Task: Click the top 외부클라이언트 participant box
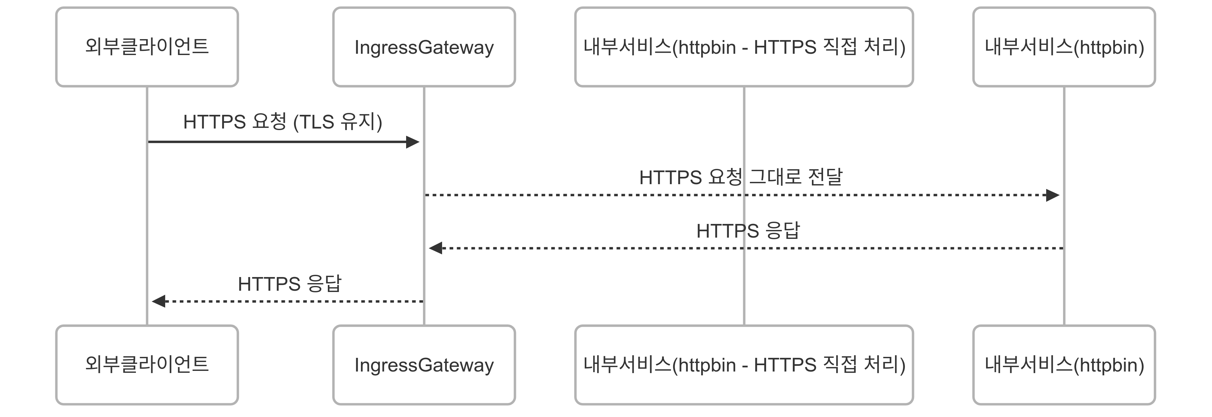147,47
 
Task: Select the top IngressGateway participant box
424,47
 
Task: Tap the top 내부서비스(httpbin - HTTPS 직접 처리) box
744,47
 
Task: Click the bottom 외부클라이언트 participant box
147,365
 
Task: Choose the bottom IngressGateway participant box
424,365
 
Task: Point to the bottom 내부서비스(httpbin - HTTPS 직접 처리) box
744,365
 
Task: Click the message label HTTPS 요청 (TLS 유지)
282,122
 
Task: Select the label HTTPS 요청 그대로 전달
741,177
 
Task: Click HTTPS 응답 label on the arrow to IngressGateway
748,231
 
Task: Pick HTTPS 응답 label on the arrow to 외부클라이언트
289,284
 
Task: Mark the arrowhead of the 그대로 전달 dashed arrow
1053,195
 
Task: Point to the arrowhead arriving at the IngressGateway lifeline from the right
435,248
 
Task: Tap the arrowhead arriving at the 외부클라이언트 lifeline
159,301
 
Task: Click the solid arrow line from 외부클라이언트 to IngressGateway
278,142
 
